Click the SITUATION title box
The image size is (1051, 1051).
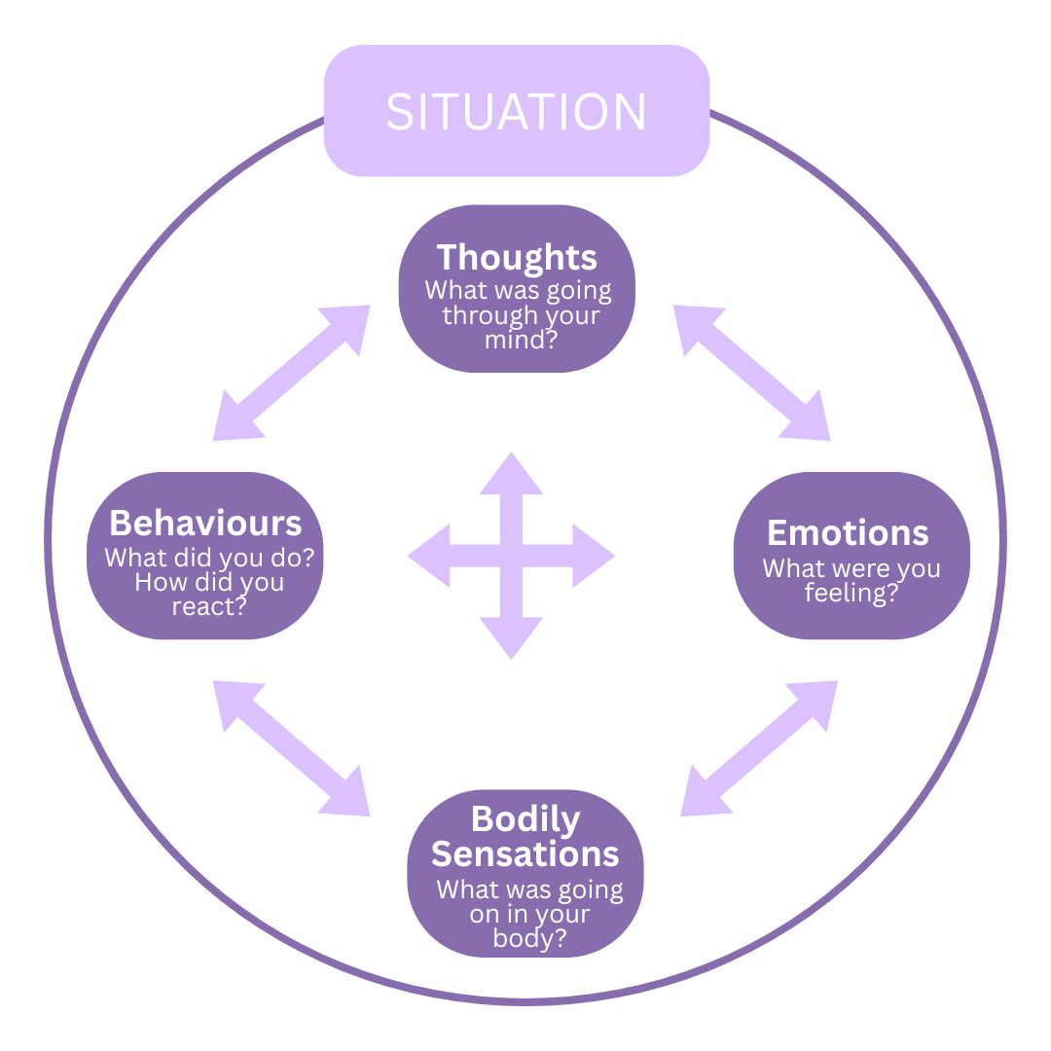[x=517, y=111]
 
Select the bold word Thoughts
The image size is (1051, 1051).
[x=517, y=257]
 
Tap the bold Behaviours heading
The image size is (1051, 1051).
[x=205, y=523]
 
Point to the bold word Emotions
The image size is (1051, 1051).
[x=848, y=532]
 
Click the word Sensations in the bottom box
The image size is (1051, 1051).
[x=525, y=853]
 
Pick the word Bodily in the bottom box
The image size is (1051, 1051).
[x=525, y=819]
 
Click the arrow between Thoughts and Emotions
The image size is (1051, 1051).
[x=751, y=373]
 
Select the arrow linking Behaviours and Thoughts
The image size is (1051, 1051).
[x=292, y=373]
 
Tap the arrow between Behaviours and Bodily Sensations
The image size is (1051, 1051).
[x=292, y=747]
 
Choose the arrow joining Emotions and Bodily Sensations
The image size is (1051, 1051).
[x=759, y=747]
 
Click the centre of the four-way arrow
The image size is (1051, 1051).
[x=511, y=557]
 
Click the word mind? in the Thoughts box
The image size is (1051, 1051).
[x=517, y=340]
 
